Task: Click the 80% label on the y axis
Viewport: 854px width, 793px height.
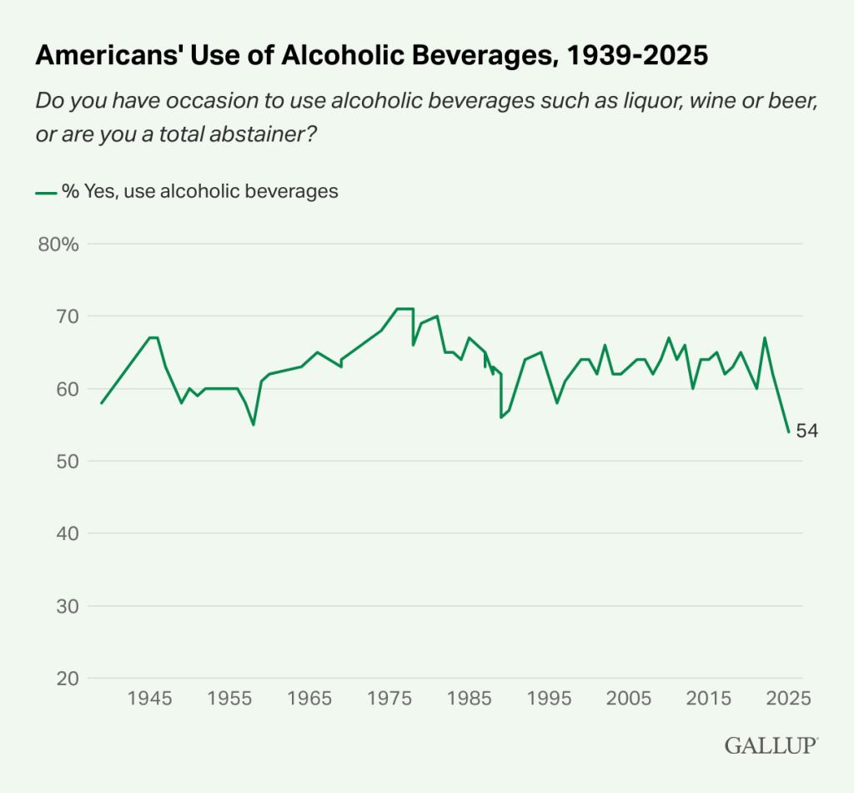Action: coord(58,245)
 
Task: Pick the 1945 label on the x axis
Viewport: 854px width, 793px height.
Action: coord(150,698)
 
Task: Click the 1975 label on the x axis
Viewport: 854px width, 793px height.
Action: coord(389,698)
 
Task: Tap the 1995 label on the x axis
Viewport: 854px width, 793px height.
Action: coord(549,698)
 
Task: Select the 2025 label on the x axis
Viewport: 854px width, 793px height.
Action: coord(787,698)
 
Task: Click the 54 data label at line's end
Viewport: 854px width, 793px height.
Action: coord(807,432)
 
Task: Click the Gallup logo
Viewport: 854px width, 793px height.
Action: coord(771,745)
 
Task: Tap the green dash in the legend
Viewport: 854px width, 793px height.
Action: coord(45,192)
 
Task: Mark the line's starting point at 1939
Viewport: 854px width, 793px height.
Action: coord(102,403)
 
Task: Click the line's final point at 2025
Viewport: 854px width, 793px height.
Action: coord(788,432)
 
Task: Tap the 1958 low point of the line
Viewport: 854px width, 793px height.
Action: coord(254,424)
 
